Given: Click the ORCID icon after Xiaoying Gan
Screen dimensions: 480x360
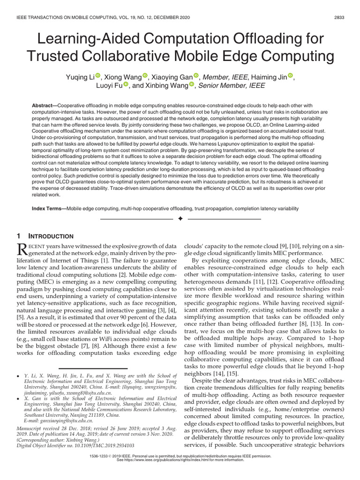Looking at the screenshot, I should [196, 76].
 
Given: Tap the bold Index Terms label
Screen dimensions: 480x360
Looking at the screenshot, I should [48, 208].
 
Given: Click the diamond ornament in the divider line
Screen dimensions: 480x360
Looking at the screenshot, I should [180, 219].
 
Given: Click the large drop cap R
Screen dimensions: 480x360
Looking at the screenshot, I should [22, 249].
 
